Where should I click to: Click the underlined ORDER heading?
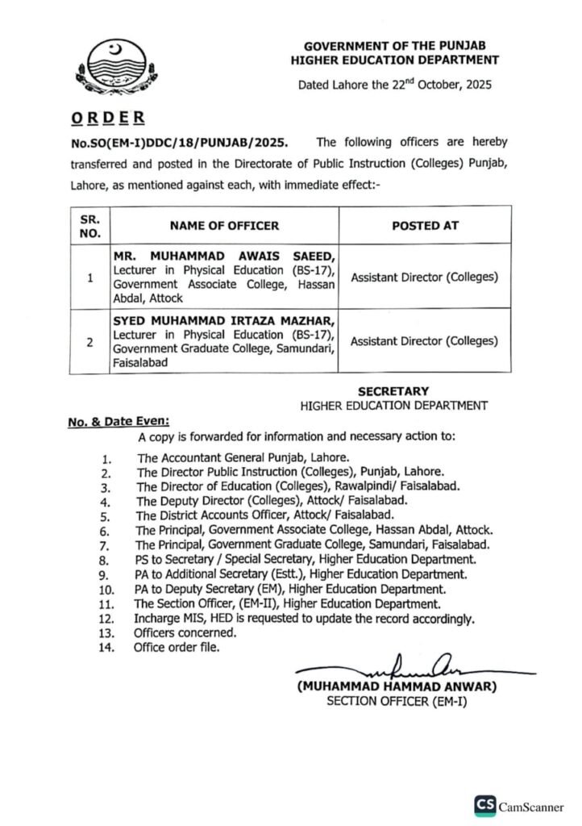(106, 118)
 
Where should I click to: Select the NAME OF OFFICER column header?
(224, 226)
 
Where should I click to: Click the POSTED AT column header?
(425, 226)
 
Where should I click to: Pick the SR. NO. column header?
(89, 226)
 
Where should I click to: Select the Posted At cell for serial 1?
(425, 277)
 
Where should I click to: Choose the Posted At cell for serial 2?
(425, 340)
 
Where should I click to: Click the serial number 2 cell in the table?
(89, 340)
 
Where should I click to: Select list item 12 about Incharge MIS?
(304, 619)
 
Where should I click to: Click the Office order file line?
(176, 647)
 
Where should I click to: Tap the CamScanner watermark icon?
(484, 806)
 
